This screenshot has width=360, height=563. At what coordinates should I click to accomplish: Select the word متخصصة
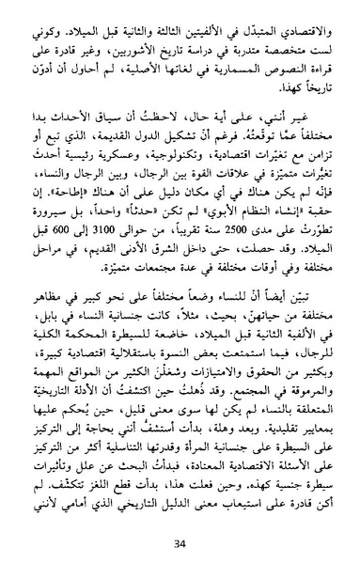[x=268, y=32]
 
